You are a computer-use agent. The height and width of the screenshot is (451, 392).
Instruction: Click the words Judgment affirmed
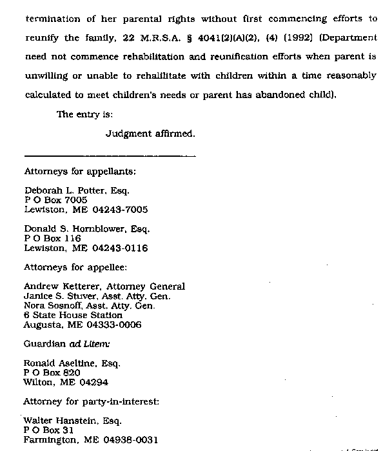[150, 134]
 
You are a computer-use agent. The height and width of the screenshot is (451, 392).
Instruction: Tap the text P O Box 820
[52, 372]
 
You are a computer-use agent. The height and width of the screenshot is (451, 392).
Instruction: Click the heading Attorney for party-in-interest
[91, 401]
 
